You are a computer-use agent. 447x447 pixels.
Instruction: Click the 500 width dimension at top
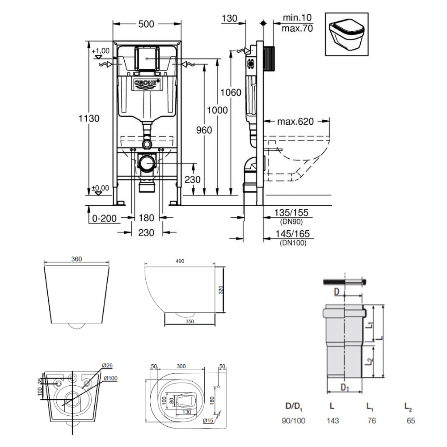[147, 24]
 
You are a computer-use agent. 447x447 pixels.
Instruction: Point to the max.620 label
[295, 122]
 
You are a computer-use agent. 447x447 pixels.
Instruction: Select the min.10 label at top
[297, 18]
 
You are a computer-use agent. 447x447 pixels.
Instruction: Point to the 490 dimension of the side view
[180, 261]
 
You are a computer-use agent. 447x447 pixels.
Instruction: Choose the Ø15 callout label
[207, 420]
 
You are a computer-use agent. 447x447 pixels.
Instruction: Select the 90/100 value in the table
[294, 421]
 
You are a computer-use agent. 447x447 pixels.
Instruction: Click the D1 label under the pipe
[345, 388]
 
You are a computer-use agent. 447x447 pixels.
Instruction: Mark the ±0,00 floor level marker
[100, 188]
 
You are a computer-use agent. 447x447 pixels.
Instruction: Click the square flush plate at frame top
[147, 58]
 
